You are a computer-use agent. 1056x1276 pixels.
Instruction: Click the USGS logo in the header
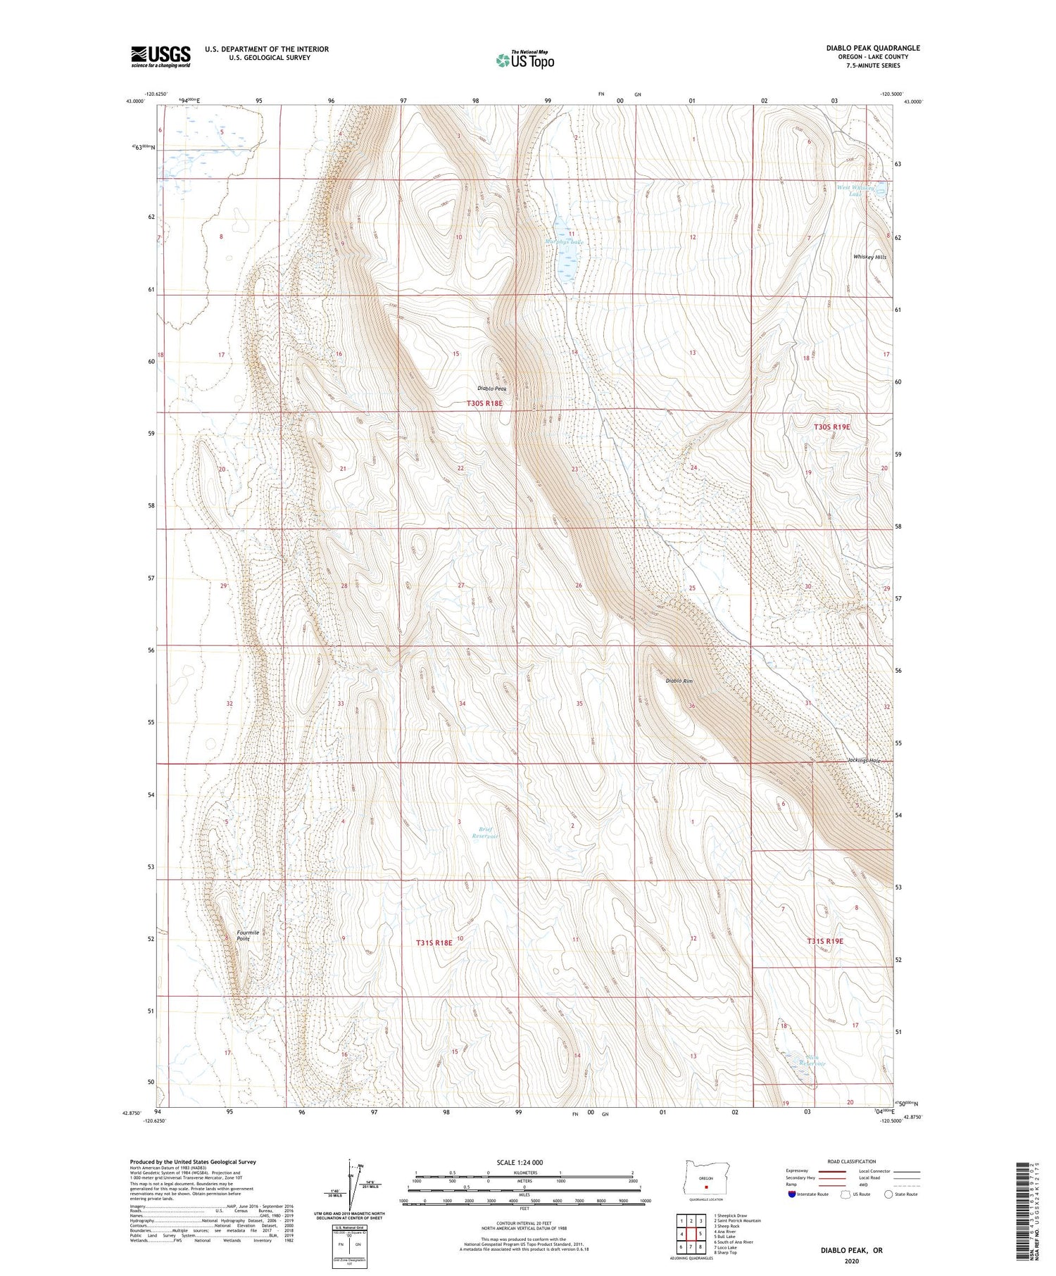(161, 56)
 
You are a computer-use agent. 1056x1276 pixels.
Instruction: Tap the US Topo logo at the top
(524, 60)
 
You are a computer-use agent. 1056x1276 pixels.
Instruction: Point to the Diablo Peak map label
(492, 389)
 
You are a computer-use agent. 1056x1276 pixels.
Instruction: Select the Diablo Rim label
(679, 681)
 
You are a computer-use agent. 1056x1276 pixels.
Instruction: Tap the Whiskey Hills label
(869, 258)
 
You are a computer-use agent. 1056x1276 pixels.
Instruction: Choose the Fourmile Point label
(248, 936)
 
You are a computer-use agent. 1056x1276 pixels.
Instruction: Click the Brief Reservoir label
(485, 833)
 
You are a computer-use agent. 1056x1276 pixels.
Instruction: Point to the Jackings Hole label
(865, 761)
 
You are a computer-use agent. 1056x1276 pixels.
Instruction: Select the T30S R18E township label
(484, 403)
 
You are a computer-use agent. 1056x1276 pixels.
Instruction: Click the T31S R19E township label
(824, 941)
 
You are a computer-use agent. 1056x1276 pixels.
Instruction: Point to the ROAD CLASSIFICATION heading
(852, 1161)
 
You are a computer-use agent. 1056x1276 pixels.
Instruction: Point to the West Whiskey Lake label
(856, 191)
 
